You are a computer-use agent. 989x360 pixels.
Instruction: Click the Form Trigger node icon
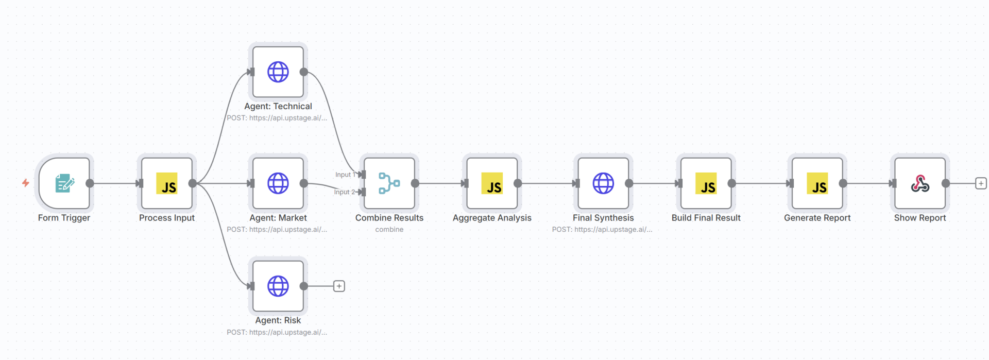64,183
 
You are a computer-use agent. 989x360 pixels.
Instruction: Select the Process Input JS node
167,183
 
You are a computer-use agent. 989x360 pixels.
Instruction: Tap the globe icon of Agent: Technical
278,72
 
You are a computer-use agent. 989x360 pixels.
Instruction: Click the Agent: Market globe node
278,183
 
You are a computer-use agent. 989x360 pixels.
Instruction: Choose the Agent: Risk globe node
278,286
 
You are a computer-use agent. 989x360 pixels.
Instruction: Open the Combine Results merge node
389,183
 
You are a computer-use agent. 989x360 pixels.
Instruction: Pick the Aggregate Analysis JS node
492,183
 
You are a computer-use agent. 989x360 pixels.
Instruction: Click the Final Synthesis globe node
603,183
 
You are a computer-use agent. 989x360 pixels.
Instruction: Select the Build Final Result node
706,183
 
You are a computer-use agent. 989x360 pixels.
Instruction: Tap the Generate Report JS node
817,183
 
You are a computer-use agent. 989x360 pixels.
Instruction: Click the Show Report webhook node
920,183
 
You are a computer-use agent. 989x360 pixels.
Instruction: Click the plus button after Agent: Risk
339,286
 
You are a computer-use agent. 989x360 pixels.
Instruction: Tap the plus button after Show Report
981,183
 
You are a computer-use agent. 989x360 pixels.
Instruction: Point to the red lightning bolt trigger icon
25,183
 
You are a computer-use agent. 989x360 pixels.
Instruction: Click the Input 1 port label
344,175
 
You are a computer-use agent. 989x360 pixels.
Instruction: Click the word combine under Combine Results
389,230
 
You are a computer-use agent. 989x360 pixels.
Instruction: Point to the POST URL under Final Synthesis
602,230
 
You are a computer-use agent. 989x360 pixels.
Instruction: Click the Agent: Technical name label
278,107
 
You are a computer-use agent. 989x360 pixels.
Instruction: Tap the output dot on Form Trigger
90,183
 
